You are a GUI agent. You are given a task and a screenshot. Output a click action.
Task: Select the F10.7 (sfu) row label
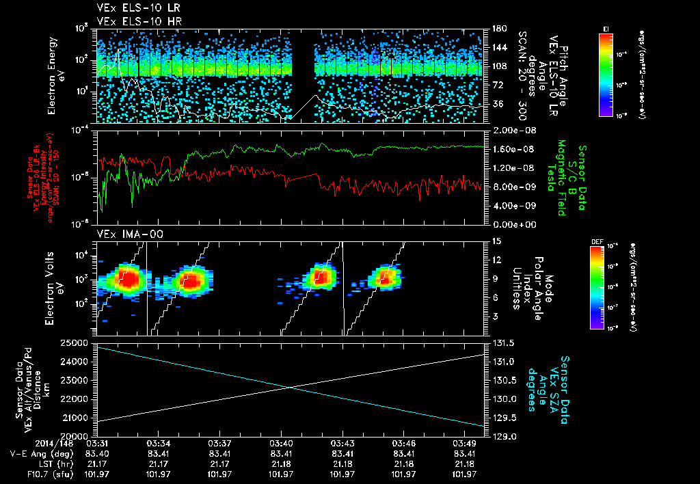pyautogui.click(x=32, y=474)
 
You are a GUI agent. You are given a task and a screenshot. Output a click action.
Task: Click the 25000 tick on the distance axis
pyautogui.click(x=77, y=342)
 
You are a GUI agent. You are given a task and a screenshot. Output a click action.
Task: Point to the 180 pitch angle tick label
pyautogui.click(x=498, y=29)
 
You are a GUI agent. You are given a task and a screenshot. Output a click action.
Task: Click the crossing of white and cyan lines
pyautogui.click(x=291, y=388)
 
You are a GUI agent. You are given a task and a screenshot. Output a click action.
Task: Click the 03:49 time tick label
pyautogui.click(x=464, y=444)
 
